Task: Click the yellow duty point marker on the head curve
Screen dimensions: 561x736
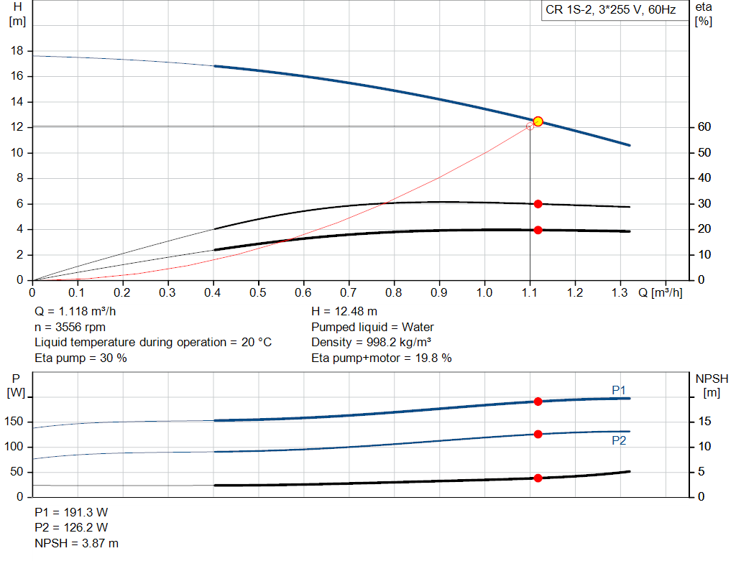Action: (x=538, y=121)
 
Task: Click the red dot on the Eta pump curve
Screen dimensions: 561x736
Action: (x=538, y=204)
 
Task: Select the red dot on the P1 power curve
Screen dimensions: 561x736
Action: (x=538, y=402)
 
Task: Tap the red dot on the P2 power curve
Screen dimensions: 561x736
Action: (x=538, y=434)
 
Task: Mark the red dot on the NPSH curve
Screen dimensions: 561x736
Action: (x=538, y=478)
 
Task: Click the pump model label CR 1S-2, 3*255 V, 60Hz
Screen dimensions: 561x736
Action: (x=610, y=11)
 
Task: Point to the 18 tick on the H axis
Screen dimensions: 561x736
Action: (x=17, y=51)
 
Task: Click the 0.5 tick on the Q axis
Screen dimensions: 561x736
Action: (x=257, y=293)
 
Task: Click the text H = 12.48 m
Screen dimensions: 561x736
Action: (x=344, y=312)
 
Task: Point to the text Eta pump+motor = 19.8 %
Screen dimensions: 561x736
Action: (x=382, y=358)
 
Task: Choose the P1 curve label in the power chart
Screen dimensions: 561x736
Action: (x=619, y=390)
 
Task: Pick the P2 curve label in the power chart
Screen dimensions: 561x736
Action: (x=619, y=440)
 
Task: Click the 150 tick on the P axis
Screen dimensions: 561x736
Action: (x=15, y=422)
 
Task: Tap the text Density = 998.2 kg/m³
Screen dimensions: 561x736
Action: (x=372, y=342)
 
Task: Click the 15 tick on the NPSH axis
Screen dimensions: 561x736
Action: (x=706, y=422)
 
